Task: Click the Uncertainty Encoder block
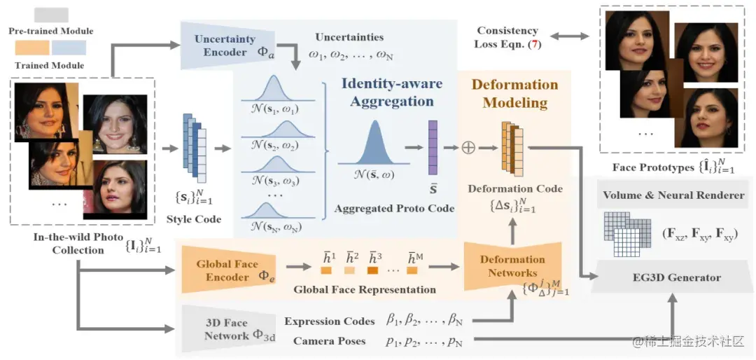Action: click(x=225, y=46)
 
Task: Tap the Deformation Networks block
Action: click(x=512, y=266)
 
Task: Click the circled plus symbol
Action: click(x=468, y=148)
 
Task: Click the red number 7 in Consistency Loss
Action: click(x=535, y=45)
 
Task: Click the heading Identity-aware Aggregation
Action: click(x=392, y=92)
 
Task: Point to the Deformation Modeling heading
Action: click(x=514, y=93)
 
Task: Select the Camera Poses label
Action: click(x=329, y=341)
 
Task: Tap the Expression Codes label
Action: click(x=330, y=321)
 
